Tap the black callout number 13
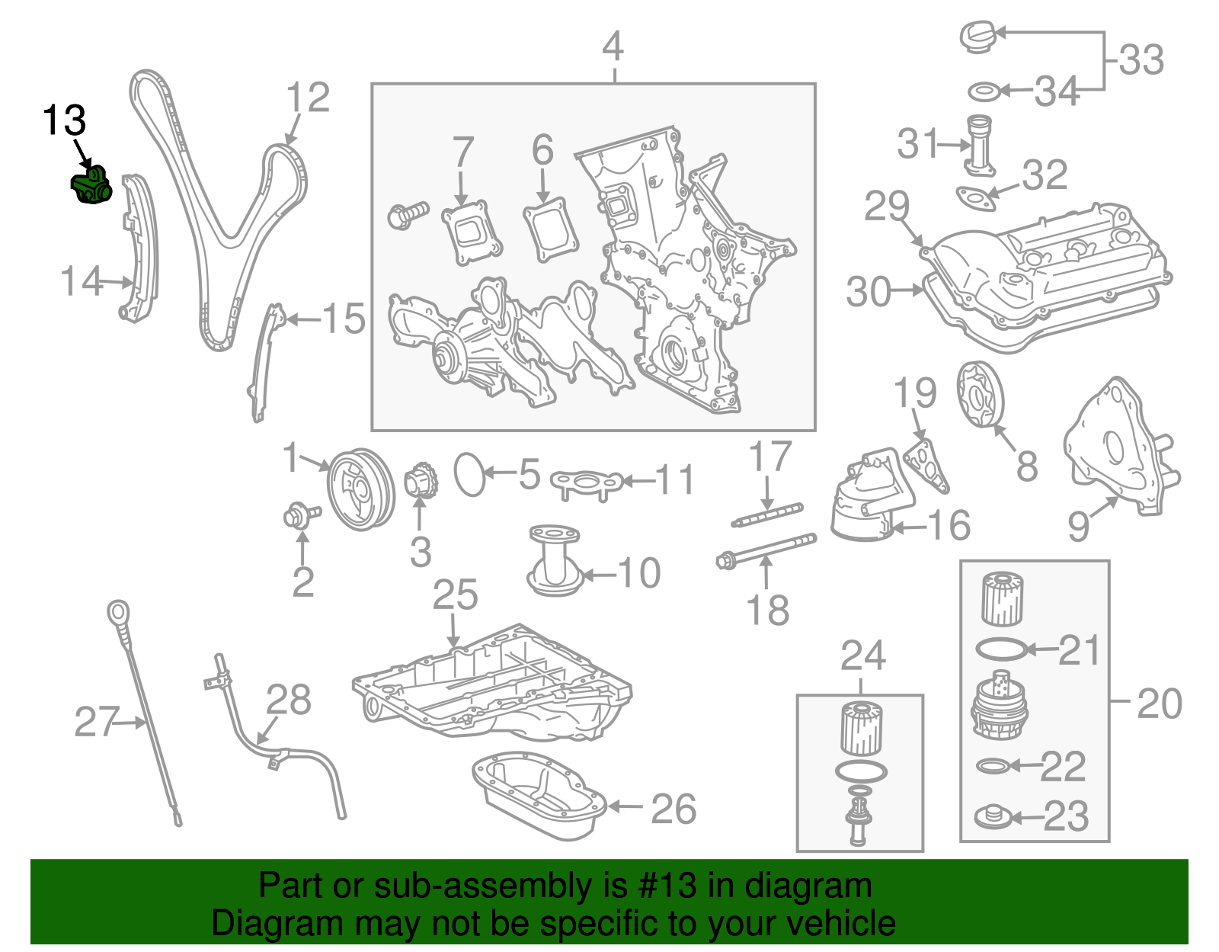[64, 120]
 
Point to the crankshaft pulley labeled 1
[360, 489]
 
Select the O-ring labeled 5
[469, 475]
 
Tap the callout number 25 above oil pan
[455, 595]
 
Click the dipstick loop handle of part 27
[117, 611]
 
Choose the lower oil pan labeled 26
[537, 797]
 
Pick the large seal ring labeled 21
[1000, 649]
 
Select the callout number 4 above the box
[613, 47]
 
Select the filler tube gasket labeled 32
[976, 197]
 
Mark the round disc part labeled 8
[980, 395]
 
